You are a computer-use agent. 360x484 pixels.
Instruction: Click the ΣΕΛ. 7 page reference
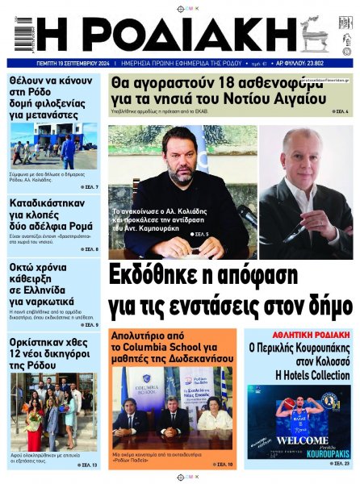[x=89, y=187]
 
